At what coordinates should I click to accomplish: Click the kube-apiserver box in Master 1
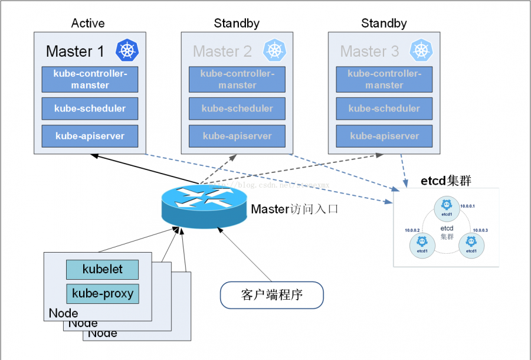(90, 136)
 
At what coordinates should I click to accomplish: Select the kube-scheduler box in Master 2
(237, 109)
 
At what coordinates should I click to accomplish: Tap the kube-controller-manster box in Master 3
(384, 80)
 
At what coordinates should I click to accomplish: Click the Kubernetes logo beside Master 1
(126, 50)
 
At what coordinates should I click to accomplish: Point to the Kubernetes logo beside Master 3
(420, 50)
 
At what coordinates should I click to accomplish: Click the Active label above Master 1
(88, 24)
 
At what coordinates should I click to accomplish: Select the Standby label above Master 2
(237, 24)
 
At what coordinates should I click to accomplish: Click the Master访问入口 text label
(294, 209)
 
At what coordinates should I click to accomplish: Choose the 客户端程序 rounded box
(272, 295)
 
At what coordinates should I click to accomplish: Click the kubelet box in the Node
(102, 269)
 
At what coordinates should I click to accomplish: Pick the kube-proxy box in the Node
(102, 293)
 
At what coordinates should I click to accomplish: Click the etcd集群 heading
(445, 180)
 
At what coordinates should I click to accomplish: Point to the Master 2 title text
(222, 51)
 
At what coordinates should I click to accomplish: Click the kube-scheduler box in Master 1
(90, 109)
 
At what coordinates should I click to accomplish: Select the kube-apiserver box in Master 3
(384, 136)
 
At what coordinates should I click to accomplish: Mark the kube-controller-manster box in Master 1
(90, 80)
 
